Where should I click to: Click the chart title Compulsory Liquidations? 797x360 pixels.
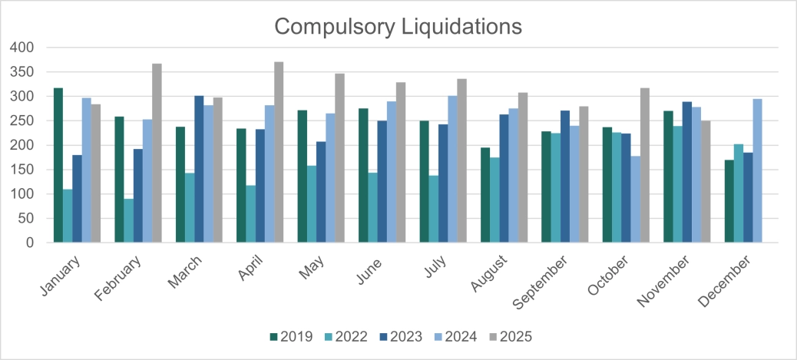[398, 26]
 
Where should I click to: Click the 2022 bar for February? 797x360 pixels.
[128, 220]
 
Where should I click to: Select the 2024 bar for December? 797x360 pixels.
[757, 170]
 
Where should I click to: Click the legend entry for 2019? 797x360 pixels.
[289, 336]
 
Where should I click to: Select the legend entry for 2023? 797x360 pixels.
[401, 336]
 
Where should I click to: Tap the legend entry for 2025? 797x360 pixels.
[510, 336]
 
